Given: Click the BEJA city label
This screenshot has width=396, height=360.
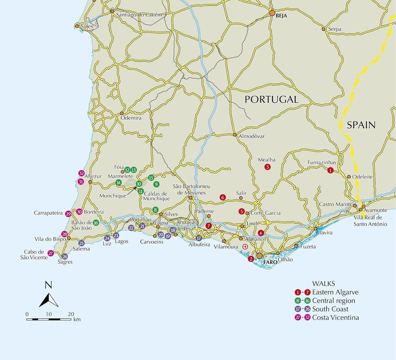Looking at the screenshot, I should (x=282, y=16).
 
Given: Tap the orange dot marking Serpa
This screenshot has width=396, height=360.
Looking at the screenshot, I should (x=323, y=29).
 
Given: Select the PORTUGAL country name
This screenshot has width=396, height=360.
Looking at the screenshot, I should (x=271, y=99).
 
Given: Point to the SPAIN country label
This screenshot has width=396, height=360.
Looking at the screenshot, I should (x=361, y=125).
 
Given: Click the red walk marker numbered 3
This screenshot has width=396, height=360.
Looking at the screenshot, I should (x=268, y=167).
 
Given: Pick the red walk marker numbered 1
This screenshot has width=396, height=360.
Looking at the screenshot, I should (x=330, y=170).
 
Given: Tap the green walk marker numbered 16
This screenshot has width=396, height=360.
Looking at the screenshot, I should (x=96, y=222).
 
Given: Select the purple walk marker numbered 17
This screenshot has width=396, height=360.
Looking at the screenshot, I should (x=199, y=238).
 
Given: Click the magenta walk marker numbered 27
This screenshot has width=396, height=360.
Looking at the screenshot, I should (x=51, y=253).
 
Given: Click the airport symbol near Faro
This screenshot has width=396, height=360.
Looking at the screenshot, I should (x=245, y=247).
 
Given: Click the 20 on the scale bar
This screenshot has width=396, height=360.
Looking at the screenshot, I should (x=71, y=314).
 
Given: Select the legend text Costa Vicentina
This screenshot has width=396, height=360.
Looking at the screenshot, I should (x=335, y=317).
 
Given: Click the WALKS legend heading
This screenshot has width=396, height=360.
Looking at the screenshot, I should (x=323, y=284).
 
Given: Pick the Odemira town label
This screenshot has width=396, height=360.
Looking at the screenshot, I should (x=131, y=118).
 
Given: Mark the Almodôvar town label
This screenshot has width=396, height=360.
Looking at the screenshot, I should (x=252, y=136).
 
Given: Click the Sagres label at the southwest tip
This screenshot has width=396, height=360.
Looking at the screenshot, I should (x=65, y=262).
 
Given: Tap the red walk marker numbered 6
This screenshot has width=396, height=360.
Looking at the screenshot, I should (x=222, y=197).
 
